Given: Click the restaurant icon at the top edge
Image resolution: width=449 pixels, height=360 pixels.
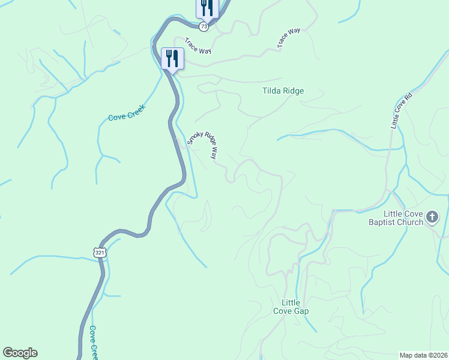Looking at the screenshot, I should point(204,8).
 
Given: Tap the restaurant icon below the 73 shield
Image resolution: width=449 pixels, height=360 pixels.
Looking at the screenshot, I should point(172,59).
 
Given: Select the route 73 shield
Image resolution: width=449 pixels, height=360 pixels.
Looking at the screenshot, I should point(204,26).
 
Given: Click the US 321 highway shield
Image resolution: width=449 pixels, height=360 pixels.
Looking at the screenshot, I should point(100,253).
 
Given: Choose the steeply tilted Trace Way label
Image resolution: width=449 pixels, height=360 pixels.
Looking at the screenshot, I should point(289,38).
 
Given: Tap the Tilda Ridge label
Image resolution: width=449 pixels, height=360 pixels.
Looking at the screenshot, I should point(283,91).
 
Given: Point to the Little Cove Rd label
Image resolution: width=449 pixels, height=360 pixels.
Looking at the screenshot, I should point(402,110).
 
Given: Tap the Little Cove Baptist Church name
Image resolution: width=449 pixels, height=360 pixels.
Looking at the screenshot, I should point(404,218).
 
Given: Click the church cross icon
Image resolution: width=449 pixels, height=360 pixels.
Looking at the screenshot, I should point(433,218).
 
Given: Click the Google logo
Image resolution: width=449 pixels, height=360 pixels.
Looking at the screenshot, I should point(20,353).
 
